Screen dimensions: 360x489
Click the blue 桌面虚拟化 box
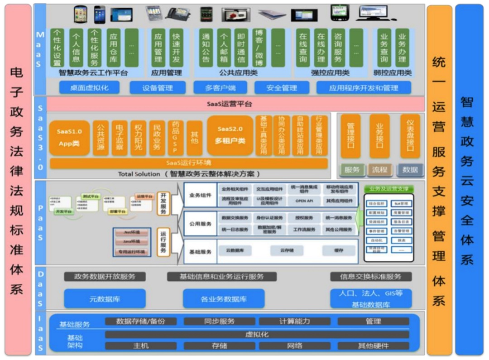pos(89,88)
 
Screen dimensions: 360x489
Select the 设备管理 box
pos(157,88)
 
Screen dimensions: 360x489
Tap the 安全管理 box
pos(282,88)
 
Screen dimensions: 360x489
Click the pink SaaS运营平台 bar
pos(235,104)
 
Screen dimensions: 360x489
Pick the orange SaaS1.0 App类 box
pos(69,137)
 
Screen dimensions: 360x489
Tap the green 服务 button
pos(352,170)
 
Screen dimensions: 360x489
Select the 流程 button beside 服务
pos(380,170)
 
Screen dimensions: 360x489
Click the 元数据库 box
pos(105,299)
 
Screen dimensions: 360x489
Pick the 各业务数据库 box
pos(224,299)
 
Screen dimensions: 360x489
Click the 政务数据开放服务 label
pos(105,276)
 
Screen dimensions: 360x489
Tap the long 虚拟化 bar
pos(257,334)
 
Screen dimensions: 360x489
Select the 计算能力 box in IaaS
pos(294,322)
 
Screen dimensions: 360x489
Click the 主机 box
pos(141,346)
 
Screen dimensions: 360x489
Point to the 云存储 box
pos(287,250)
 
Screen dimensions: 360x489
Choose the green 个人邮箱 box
pos(224,48)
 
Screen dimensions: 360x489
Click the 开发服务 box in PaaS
pos(163,203)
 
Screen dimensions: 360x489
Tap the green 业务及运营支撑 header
pos(389,188)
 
